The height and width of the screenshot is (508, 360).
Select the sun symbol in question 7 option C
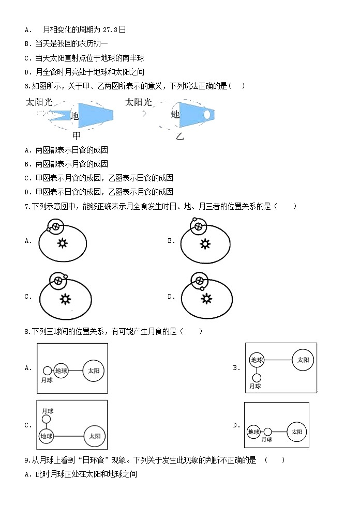(65, 299)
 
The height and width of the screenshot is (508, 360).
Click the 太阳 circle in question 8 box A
(94, 371)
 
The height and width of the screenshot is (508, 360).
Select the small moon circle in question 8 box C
(47, 419)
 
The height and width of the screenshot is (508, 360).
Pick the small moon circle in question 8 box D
(267, 432)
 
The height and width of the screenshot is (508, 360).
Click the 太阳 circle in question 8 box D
(296, 432)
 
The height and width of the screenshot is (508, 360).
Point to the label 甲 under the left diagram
(77, 136)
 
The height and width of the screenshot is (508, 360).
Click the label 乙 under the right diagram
(179, 136)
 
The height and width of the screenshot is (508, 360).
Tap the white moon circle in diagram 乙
(207, 114)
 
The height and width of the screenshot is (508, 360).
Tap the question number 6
(26, 85)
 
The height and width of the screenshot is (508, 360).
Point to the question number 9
(26, 459)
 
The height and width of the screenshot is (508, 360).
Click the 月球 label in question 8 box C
(48, 409)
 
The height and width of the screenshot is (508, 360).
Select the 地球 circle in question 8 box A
(61, 371)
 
